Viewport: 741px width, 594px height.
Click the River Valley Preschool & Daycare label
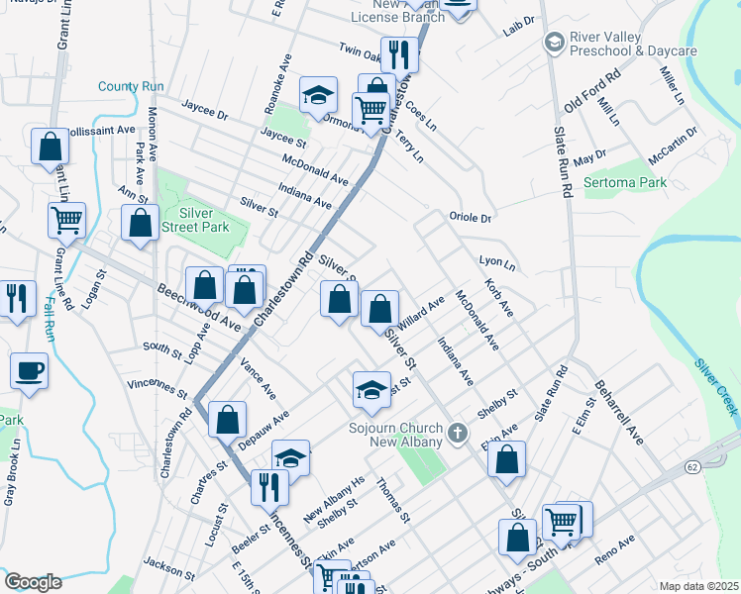point(633,45)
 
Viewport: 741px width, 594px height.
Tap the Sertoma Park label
point(625,182)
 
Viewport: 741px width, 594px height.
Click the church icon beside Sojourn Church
point(457,432)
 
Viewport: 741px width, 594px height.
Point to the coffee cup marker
point(29,371)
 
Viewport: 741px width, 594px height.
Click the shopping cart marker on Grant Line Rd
point(66,220)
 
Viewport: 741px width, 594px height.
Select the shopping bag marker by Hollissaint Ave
point(50,147)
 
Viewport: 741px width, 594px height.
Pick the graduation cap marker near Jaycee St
point(318,95)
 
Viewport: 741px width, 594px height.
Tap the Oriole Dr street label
point(471,217)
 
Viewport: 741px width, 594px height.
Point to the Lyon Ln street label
point(497,264)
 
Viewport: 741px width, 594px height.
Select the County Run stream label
point(131,87)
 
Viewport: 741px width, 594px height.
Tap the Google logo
point(33,582)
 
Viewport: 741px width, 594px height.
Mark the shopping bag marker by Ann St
point(141,222)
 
